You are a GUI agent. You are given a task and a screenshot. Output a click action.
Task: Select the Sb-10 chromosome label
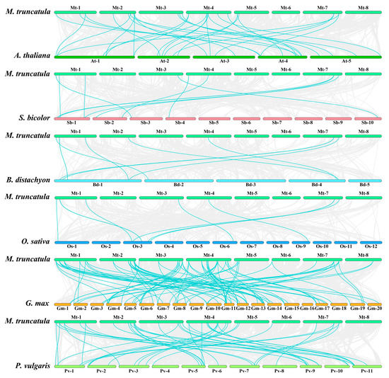[364, 124]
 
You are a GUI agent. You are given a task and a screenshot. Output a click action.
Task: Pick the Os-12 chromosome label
[368, 247]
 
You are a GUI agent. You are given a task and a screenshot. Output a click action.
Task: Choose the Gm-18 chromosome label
[340, 309]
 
